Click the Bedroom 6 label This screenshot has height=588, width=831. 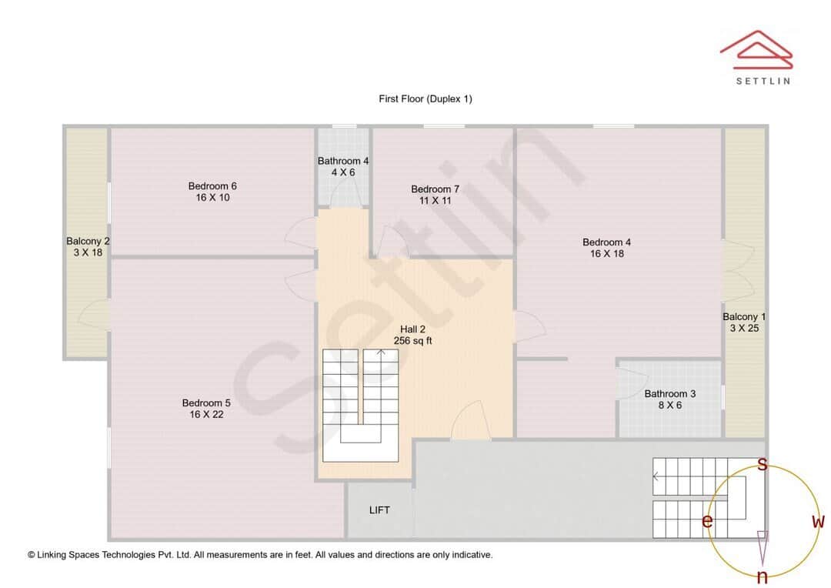tap(212, 186)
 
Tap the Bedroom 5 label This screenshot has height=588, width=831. tap(206, 403)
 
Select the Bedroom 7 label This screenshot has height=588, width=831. tap(435, 189)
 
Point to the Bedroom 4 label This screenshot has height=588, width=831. tap(607, 242)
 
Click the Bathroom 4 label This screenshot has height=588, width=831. tap(343, 161)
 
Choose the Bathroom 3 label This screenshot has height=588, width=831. tap(670, 394)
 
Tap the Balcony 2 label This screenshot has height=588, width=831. tap(88, 241)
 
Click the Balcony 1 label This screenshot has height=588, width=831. tap(744, 316)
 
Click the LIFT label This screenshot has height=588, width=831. tap(380, 509)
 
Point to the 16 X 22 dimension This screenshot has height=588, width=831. tap(206, 414)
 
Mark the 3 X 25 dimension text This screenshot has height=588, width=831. tap(744, 328)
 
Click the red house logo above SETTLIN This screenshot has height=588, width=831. tap(756, 47)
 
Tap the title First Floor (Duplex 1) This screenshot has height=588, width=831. tap(425, 99)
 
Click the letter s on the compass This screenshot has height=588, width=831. tap(762, 464)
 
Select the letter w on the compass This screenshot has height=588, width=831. tap(818, 521)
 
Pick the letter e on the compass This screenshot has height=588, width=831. tap(706, 521)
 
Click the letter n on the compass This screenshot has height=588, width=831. tap(762, 576)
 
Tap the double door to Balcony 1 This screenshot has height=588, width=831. tap(739, 271)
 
